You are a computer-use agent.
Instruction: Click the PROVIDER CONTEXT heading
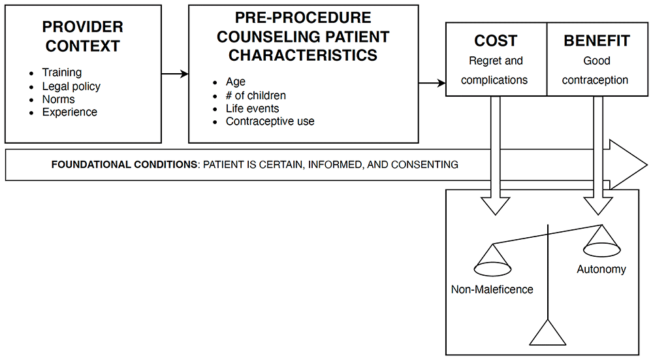(x=82, y=36)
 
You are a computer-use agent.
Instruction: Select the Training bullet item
(x=61, y=73)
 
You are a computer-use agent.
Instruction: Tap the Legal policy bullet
(x=71, y=86)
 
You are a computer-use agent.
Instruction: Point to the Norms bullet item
(x=58, y=99)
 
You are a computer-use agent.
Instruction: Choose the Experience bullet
(x=70, y=112)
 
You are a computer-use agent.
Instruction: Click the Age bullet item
(x=236, y=82)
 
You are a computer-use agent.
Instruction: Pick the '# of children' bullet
(x=256, y=95)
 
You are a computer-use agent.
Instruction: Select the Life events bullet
(x=252, y=108)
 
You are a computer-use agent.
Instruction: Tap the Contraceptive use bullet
(x=270, y=122)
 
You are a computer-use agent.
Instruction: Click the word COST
(x=496, y=41)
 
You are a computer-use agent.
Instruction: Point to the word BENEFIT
(x=597, y=41)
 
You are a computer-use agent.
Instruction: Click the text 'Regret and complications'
(x=495, y=71)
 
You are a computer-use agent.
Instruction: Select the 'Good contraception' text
(x=595, y=71)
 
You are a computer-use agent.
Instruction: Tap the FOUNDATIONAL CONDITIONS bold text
(x=124, y=165)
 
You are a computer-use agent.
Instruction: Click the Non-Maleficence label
(x=492, y=289)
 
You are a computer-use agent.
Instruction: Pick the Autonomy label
(x=601, y=270)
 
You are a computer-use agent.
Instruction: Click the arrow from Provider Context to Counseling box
(x=175, y=74)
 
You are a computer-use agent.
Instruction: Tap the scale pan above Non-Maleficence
(x=492, y=269)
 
